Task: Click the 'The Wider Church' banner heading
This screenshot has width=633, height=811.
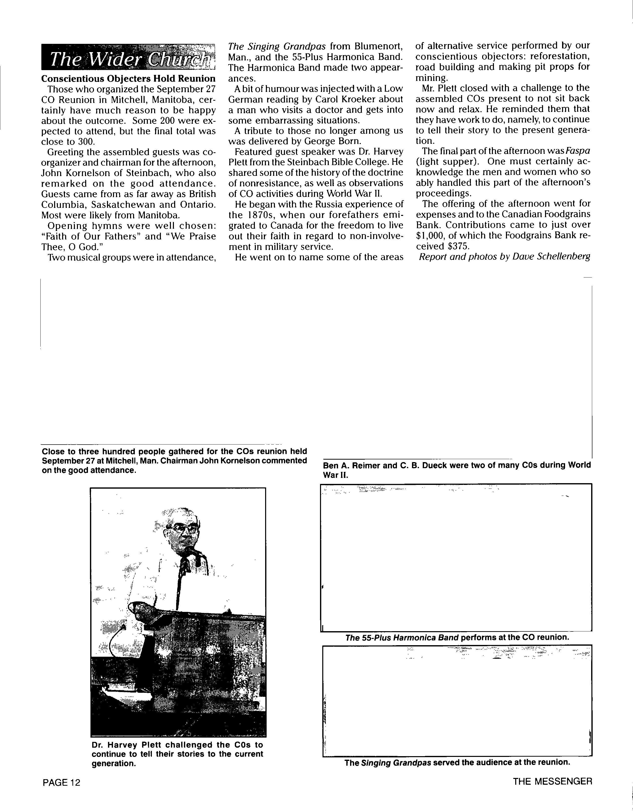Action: tap(128, 58)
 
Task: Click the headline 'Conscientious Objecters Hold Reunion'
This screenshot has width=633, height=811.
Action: tap(128, 79)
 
